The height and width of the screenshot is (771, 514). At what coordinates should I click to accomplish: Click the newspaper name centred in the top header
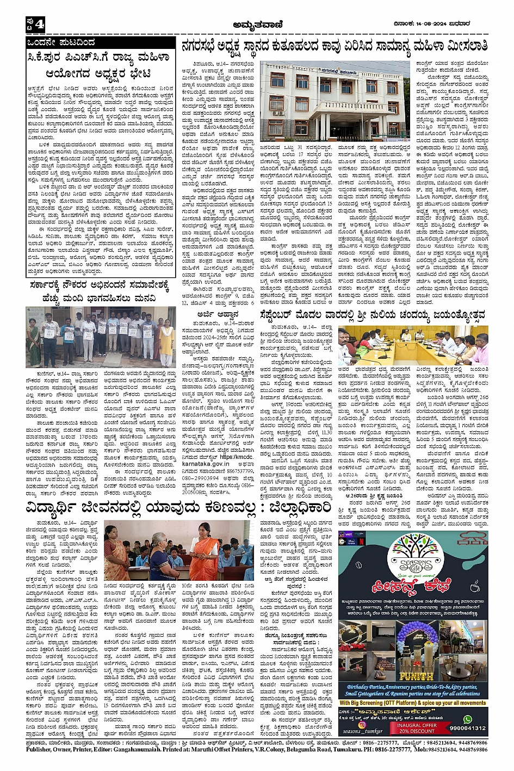click(256, 23)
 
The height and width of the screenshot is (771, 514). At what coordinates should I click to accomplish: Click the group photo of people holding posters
click(101, 336)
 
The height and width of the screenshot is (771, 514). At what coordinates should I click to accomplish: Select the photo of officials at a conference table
click(413, 345)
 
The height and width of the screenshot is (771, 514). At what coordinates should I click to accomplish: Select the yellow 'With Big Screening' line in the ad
click(413, 703)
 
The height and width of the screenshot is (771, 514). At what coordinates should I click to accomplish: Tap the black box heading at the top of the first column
click(101, 42)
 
